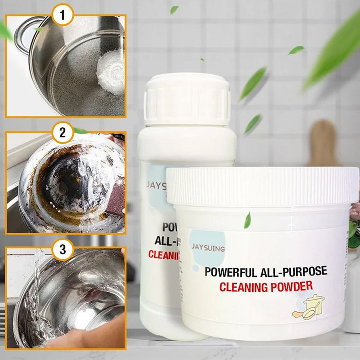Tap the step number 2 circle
click(63, 132)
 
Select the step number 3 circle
click(63, 249)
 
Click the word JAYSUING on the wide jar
click(208, 248)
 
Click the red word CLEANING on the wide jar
click(246, 287)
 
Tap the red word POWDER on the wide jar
click(294, 286)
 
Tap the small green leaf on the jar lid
click(247, 220)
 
